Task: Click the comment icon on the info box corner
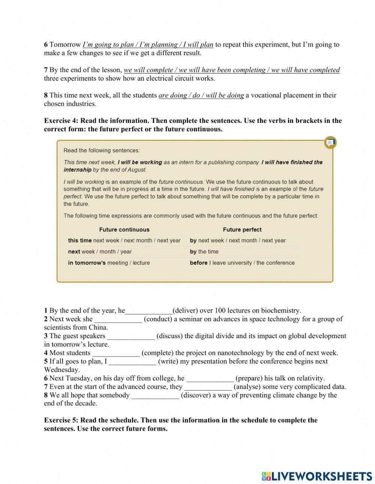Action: coord(330,142)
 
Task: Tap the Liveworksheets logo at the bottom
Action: coord(317,476)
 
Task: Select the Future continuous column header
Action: coord(124,229)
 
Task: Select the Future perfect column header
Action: coord(242,229)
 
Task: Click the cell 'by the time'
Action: coord(204,252)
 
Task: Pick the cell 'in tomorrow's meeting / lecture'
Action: coord(109,263)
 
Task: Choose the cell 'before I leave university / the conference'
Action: coord(242,263)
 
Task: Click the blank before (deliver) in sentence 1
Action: coord(149,311)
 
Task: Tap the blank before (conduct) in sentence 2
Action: coord(118,319)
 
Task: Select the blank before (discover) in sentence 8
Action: coord(155,395)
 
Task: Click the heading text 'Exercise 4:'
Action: coord(61,121)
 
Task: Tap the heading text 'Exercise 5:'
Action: coord(61,420)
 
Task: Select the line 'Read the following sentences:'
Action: coord(102,150)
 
